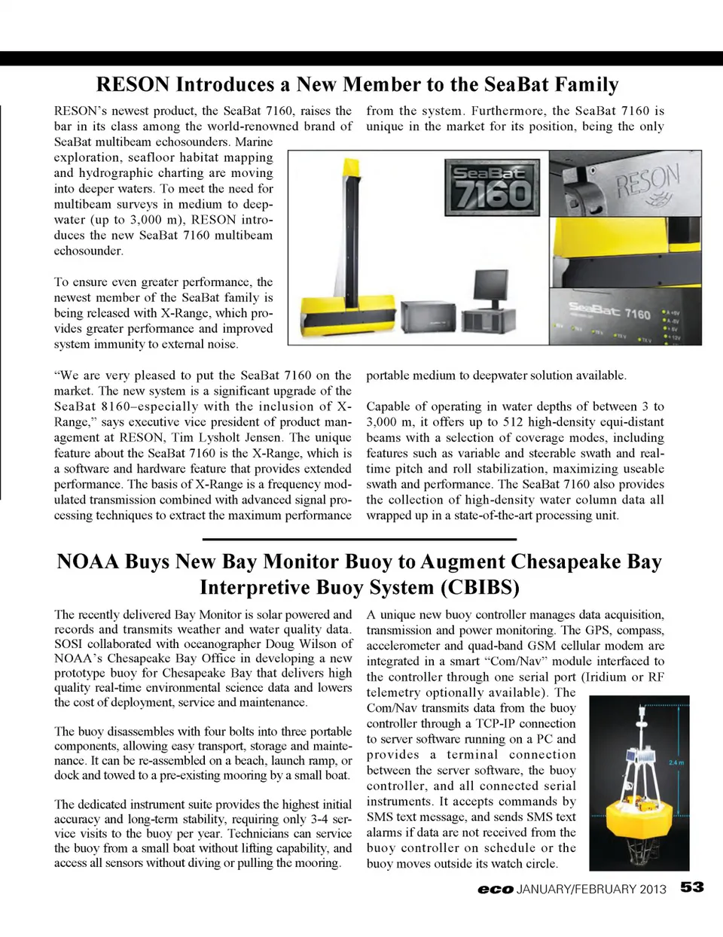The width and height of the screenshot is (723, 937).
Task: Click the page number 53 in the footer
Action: (692, 887)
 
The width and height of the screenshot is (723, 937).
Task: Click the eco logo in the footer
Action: (495, 889)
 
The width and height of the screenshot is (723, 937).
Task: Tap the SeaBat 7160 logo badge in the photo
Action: (491, 184)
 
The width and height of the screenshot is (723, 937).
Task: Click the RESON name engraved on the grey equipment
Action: (648, 181)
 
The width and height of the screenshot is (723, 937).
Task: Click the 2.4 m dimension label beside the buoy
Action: (676, 762)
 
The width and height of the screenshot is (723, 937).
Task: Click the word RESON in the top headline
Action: (133, 84)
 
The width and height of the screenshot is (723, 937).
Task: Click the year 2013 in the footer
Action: (652, 889)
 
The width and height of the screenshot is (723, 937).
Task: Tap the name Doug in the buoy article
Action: (281, 644)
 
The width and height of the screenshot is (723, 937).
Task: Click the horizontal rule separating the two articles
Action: (359, 540)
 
